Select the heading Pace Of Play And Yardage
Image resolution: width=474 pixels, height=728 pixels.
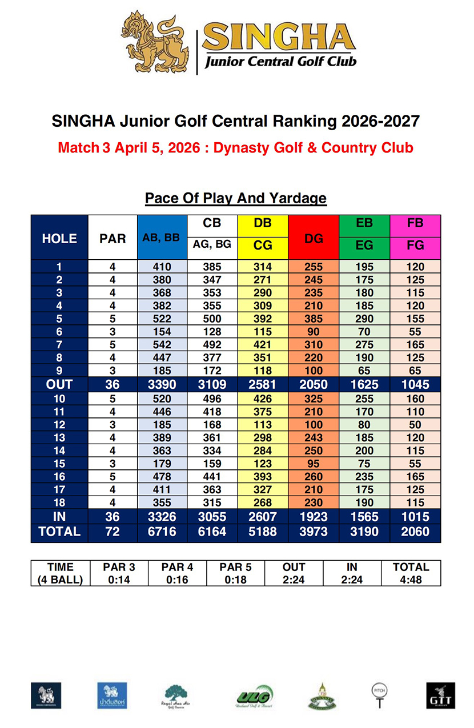[236, 198]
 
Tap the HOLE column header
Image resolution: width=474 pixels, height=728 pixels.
[59, 239]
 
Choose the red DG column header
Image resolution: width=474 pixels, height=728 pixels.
[314, 239]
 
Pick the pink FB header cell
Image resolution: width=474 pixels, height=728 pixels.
[415, 223]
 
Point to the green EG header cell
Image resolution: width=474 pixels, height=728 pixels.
[364, 246]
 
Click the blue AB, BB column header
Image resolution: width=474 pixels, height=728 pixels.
[162, 239]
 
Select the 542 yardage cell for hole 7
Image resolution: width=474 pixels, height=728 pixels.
[162, 345]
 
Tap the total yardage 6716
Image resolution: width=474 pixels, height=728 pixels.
[162, 532]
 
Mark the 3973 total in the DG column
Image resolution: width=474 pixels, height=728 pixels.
[314, 532]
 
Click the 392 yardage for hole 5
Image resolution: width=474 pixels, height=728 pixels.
[263, 319]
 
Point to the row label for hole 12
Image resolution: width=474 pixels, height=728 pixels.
[59, 425]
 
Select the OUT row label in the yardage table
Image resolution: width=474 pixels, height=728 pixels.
[59, 384]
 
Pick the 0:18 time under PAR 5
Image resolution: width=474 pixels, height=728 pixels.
[235, 580]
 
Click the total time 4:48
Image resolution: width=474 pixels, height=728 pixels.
[411, 580]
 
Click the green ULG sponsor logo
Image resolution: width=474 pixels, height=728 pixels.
[255, 697]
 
